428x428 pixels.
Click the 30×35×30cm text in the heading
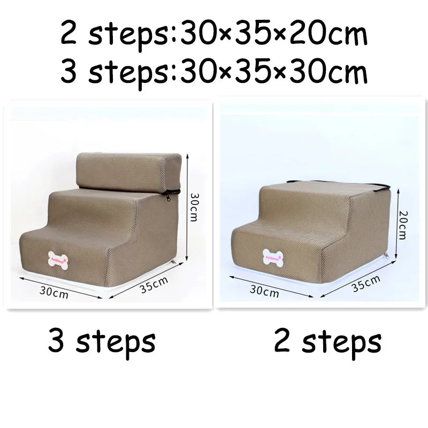click(x=274, y=72)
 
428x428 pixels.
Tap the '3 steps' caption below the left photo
click(x=102, y=341)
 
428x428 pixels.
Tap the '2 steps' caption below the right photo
click(x=327, y=341)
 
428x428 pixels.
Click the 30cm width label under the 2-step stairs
click(x=264, y=292)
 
